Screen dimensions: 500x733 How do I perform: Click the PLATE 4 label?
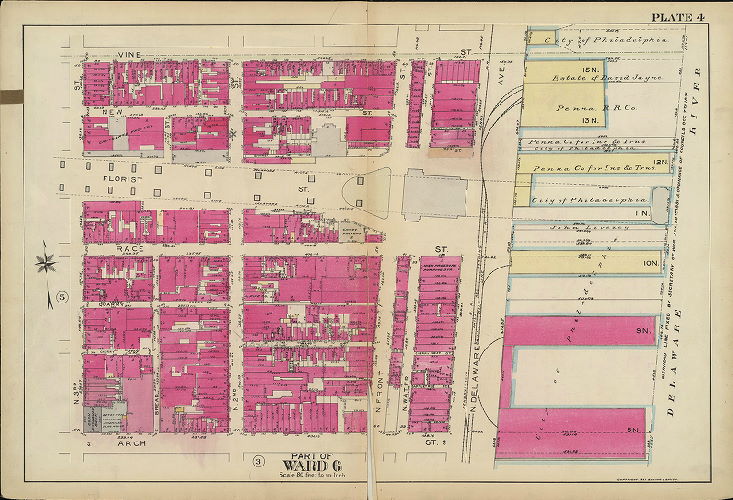[x=683, y=17]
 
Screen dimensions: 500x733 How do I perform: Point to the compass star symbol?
[x=44, y=264]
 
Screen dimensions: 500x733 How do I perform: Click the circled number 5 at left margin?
[x=61, y=297]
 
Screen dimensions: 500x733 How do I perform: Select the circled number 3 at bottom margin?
[x=258, y=460]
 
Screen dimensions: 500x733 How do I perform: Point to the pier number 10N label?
[x=650, y=263]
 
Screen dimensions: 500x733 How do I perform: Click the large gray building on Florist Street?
[x=430, y=193]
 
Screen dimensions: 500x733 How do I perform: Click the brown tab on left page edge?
[x=10, y=96]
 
